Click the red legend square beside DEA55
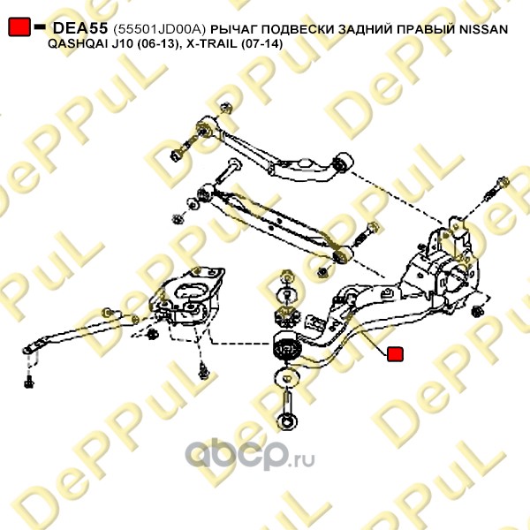[x=18, y=29]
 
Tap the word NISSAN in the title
[x=483, y=29]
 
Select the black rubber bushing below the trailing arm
[x=285, y=348]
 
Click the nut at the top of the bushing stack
[x=284, y=276]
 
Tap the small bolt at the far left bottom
[x=30, y=382]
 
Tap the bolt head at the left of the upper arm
[x=178, y=155]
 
